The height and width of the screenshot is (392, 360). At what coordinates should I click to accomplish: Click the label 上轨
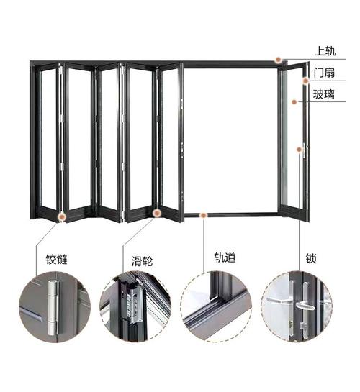coord(325,51)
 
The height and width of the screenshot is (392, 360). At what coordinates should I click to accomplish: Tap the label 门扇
coord(324,73)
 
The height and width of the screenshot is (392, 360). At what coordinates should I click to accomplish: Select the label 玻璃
coord(324,94)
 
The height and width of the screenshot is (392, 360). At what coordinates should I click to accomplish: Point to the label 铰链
coord(57,259)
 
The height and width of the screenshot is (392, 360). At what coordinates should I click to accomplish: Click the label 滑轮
coord(142,261)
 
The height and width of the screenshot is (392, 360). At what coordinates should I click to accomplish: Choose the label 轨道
coord(225,257)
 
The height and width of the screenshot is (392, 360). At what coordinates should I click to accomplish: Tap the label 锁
coord(311,258)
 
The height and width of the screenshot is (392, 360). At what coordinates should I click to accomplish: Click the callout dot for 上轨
coord(278,60)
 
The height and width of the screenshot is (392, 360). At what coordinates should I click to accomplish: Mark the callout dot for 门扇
coord(305,81)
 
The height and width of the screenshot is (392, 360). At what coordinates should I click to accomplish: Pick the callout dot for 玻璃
coord(294,101)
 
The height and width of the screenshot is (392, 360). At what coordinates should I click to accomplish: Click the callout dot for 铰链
coord(61,217)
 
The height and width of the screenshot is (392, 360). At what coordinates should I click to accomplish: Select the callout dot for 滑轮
coord(157,213)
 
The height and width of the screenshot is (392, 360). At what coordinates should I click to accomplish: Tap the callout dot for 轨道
coord(203,215)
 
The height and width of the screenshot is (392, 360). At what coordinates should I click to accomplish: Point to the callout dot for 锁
coord(299,150)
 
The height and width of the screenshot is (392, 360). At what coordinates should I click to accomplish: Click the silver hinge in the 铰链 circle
coord(53,308)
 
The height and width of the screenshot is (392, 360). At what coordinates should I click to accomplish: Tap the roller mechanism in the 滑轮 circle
coord(132,304)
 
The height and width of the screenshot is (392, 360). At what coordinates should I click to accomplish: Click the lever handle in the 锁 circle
coord(305,306)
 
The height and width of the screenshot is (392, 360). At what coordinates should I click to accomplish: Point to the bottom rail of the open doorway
coord(231,214)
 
